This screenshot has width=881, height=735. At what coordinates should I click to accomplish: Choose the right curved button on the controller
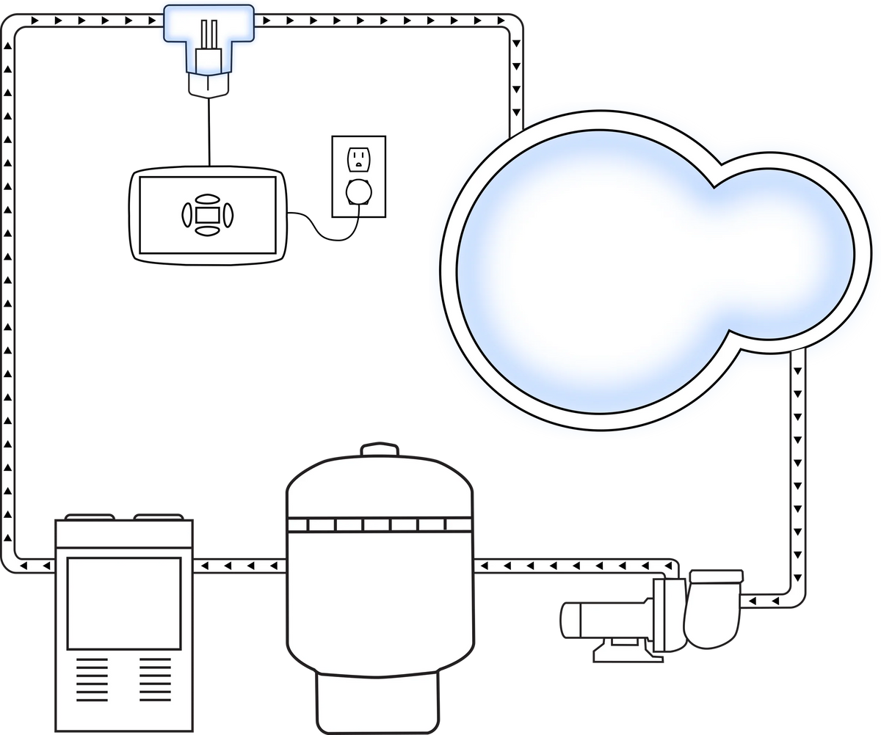(x=227, y=214)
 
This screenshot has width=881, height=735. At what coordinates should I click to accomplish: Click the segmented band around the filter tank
(x=378, y=524)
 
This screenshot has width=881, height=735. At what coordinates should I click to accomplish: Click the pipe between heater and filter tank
(x=239, y=566)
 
